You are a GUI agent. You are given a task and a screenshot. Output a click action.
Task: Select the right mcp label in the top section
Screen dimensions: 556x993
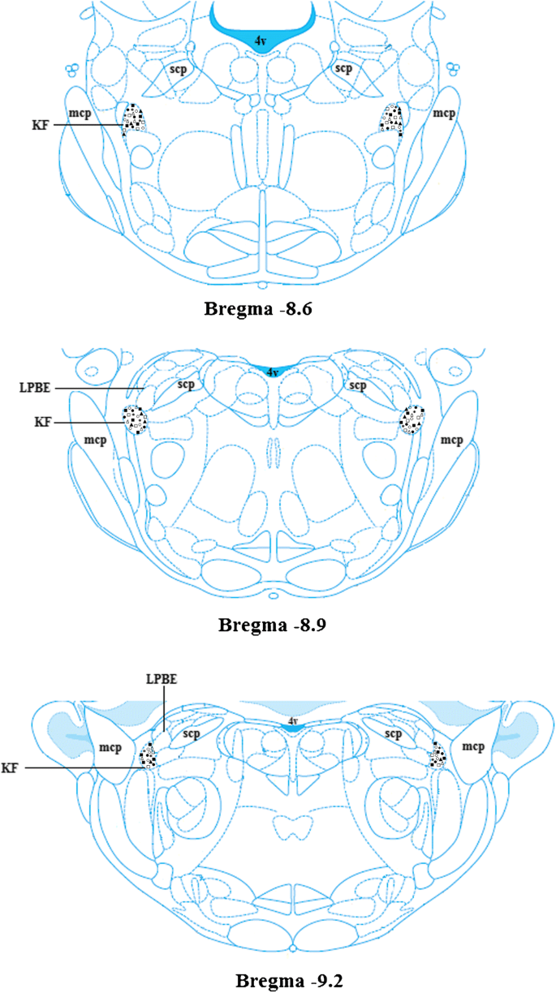443,114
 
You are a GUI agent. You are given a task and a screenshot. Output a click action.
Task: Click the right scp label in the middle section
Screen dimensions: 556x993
358,385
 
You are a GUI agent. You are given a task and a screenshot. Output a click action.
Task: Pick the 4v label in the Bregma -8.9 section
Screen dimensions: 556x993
274,372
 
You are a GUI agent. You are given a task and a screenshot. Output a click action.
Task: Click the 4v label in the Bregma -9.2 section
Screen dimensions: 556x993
293,720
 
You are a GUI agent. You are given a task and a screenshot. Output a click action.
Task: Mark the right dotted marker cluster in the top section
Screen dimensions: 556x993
393,119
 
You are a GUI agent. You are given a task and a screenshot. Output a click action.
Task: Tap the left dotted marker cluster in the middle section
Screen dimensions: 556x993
136,420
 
